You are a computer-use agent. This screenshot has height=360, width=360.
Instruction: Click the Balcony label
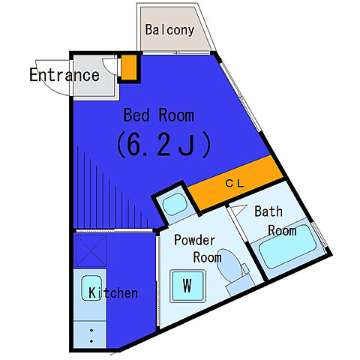click(169, 30)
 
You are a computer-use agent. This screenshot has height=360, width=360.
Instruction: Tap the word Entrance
click(64, 75)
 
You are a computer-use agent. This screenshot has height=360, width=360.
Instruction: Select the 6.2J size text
click(163, 145)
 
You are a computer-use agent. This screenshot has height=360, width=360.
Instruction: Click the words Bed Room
click(159, 115)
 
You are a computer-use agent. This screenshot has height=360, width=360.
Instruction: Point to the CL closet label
click(235, 184)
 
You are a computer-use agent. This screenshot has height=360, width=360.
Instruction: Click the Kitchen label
click(113, 292)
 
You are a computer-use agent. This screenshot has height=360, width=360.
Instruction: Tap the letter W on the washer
click(187, 285)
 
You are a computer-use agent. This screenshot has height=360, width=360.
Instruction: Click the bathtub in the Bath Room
click(287, 246)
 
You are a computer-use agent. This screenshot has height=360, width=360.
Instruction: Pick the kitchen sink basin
click(91, 288)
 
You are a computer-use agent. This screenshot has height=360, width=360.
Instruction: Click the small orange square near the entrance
click(129, 67)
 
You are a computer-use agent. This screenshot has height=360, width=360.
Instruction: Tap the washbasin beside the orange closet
click(175, 204)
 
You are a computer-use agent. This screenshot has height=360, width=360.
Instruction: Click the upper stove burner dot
click(91, 331)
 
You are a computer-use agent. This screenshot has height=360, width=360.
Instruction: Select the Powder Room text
click(198, 249)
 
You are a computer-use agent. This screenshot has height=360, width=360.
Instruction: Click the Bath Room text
click(275, 220)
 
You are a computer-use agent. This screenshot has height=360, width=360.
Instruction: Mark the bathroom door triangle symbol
click(238, 209)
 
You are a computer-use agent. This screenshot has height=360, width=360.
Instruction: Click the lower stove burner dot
click(91, 341)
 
